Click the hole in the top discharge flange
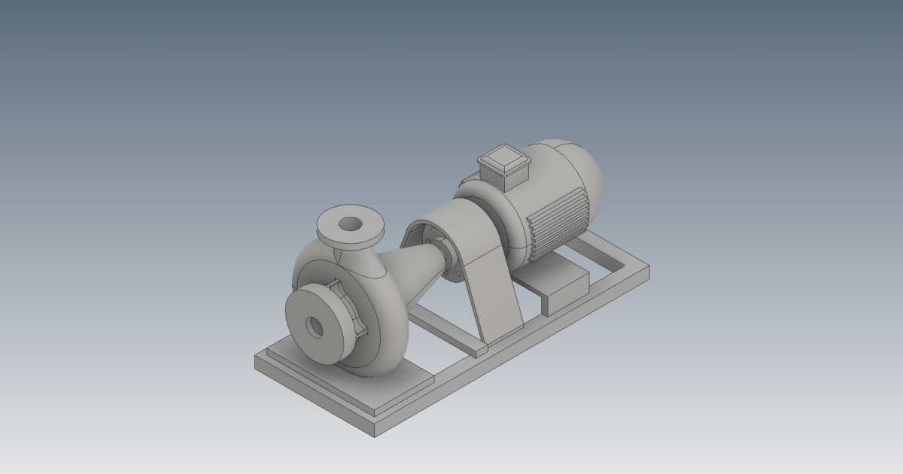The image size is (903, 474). [350, 223]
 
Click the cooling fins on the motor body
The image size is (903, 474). [558, 217]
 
